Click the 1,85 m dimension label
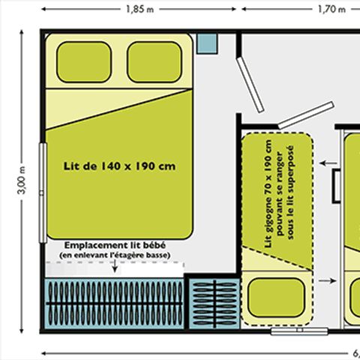click(x=141, y=10)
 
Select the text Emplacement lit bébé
click(x=114, y=245)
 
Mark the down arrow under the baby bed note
click(x=115, y=268)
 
